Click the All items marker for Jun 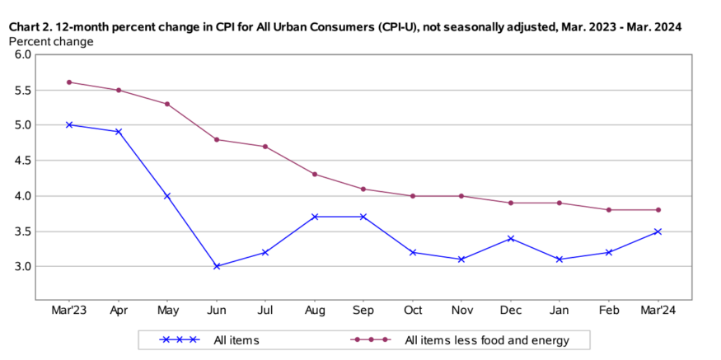217,266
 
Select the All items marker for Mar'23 69,124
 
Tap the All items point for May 167,195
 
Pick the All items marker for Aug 315,217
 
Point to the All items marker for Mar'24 658,231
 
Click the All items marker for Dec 511,238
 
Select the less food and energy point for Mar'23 69,82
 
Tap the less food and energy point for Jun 217,139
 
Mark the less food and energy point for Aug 315,174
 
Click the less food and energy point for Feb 609,209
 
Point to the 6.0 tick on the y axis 22,54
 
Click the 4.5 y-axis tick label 22,161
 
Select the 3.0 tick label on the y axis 22,266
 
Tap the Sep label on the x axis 363,311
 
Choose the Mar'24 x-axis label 658,311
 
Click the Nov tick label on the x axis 461,311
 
